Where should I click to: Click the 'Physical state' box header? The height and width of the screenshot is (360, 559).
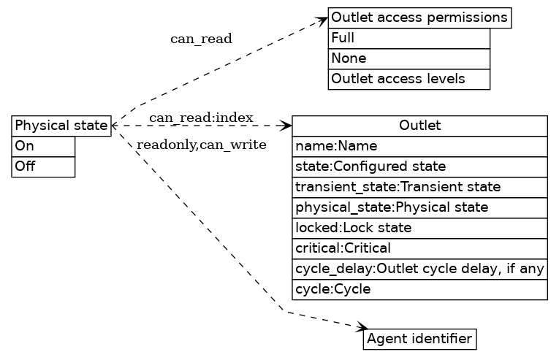click(61, 126)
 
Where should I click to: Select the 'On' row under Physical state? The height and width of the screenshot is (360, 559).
click(43, 146)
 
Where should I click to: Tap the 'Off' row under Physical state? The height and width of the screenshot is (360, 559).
click(43, 166)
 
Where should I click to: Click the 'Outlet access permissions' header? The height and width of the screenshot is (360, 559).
click(419, 18)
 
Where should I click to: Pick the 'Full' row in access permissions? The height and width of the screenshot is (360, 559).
click(408, 38)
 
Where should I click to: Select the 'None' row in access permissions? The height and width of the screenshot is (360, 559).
click(408, 58)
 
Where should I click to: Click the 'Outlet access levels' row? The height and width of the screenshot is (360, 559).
click(408, 79)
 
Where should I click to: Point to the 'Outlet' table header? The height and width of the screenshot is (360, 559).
click(419, 126)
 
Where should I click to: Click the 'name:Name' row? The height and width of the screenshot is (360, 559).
click(419, 146)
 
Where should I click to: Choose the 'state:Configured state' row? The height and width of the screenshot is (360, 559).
click(419, 166)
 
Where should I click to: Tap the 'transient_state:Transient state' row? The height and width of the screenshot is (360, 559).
click(419, 187)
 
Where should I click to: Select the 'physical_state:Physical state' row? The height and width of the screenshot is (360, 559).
click(419, 207)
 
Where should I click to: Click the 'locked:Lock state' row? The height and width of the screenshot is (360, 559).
click(419, 228)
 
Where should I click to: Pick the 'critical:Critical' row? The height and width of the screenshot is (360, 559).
click(419, 248)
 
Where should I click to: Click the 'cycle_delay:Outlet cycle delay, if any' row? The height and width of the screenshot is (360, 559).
click(419, 269)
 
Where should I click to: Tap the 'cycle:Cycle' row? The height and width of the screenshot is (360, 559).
click(419, 289)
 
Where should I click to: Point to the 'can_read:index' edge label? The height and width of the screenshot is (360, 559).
click(201, 118)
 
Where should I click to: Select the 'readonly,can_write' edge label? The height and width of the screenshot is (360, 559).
click(201, 145)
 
